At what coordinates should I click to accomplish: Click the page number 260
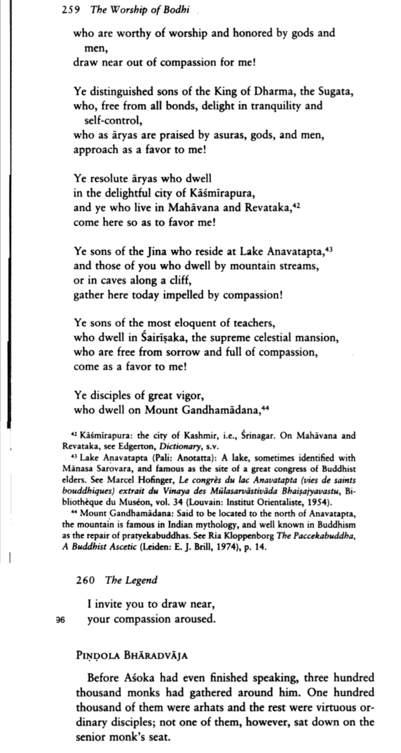[86, 580]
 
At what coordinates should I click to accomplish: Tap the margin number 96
[61, 620]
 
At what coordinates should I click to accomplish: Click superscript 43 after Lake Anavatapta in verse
[328, 247]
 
